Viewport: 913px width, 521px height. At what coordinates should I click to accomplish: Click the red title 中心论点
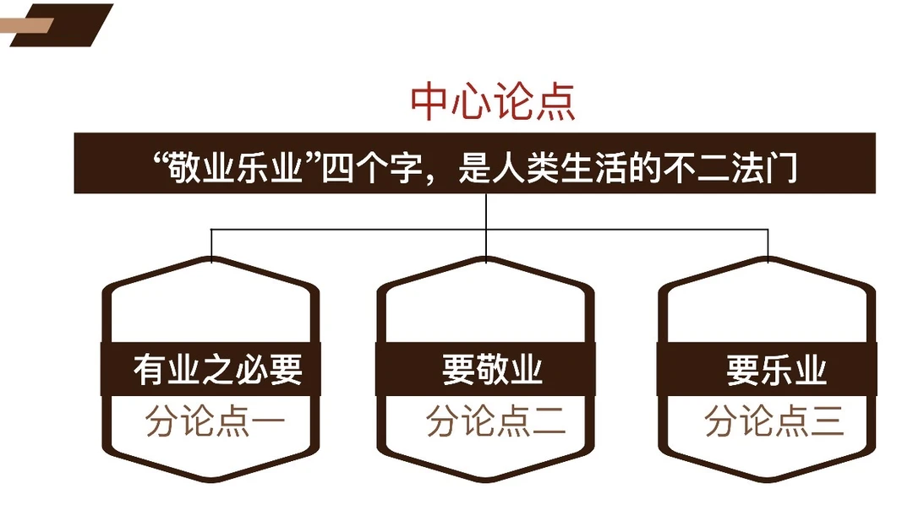(493, 103)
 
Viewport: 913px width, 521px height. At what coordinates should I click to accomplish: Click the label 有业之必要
(217, 370)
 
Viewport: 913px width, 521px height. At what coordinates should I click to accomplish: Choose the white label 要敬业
(492, 370)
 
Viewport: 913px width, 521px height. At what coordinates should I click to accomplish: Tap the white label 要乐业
(776, 370)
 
